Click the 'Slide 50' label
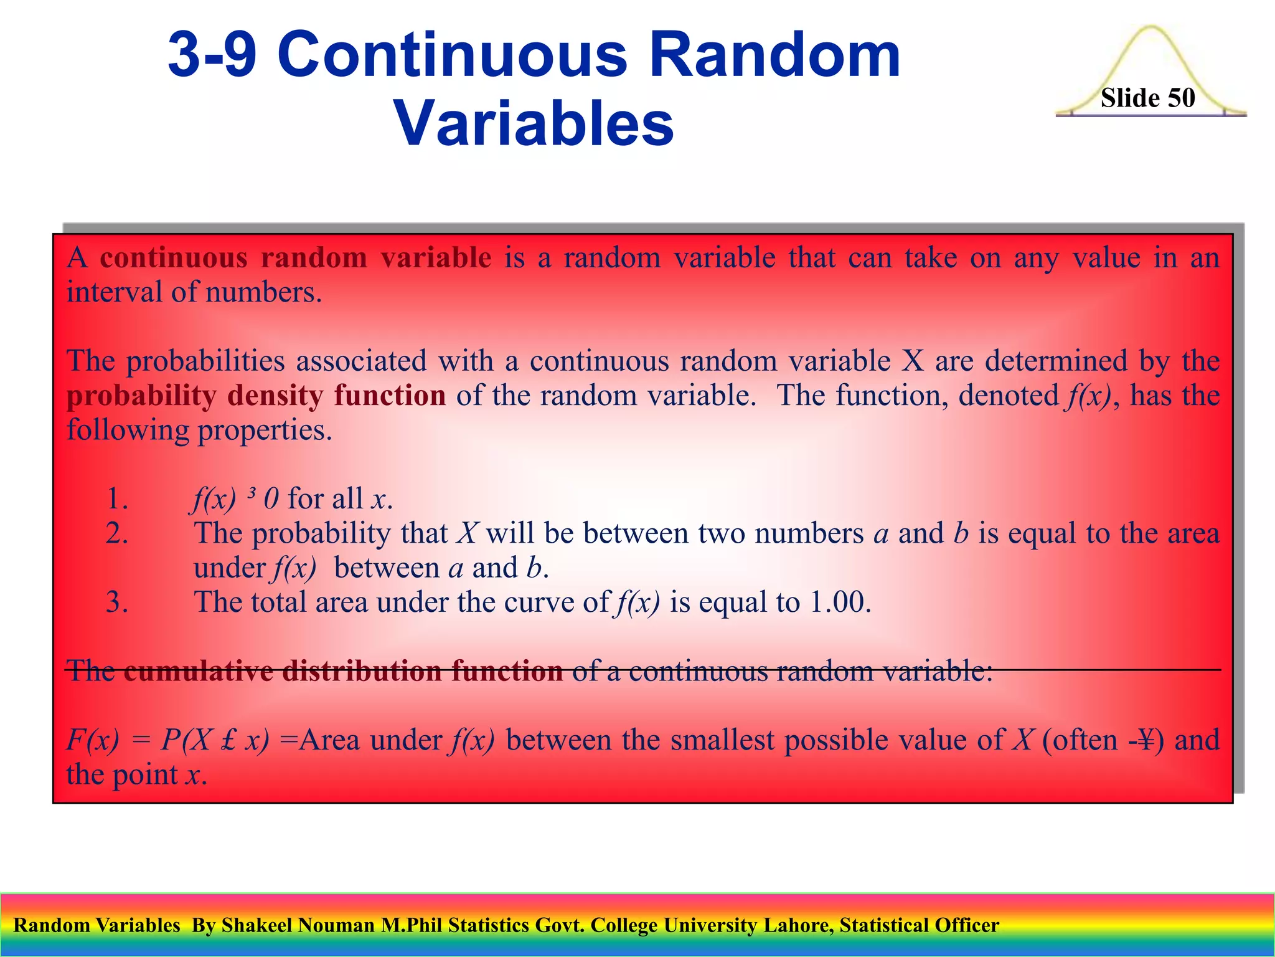tap(1147, 98)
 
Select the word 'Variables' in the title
tap(534, 124)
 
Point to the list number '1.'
tap(117, 499)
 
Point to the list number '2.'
tap(117, 533)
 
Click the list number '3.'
tap(117, 602)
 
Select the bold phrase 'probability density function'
tap(256, 396)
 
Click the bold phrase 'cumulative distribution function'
tap(343, 672)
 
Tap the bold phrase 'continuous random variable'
tap(296, 258)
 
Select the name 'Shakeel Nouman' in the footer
tap(298, 925)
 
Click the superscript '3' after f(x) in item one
tap(251, 495)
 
